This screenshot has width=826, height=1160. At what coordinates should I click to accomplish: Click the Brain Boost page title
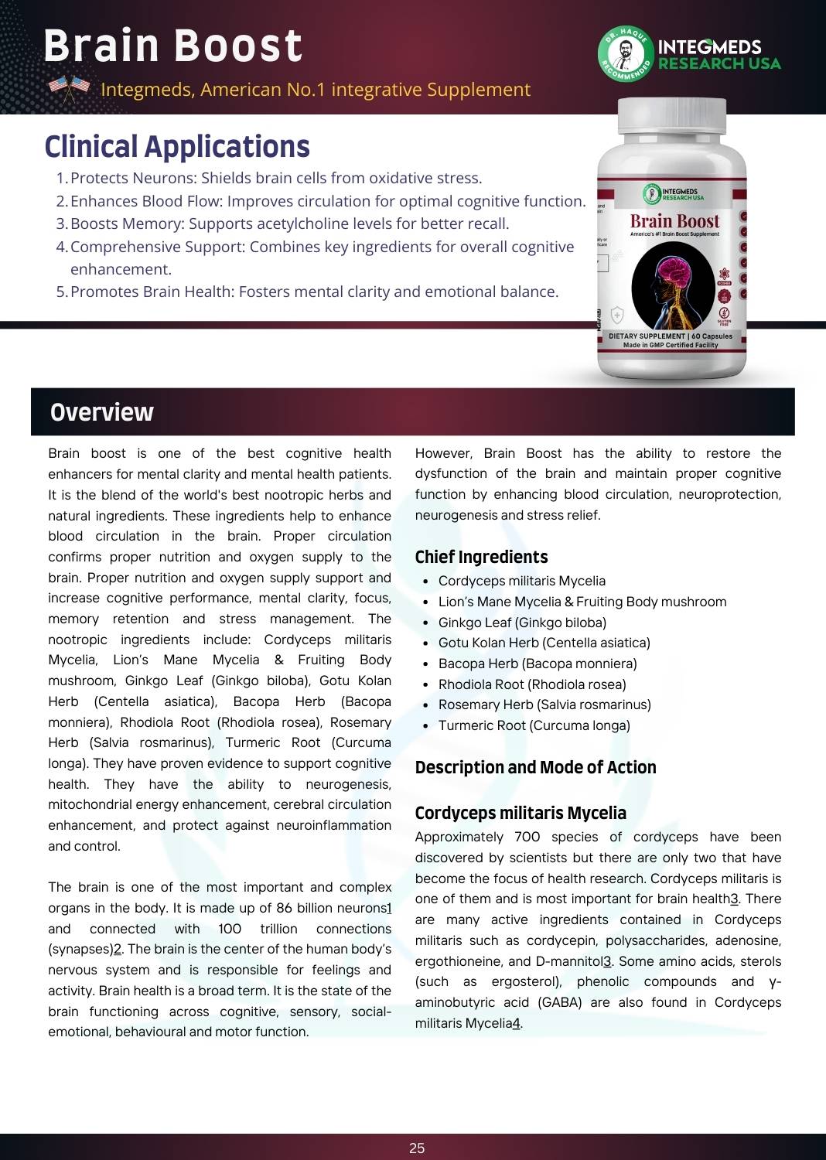(172, 46)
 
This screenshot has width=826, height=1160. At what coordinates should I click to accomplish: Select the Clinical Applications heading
(177, 147)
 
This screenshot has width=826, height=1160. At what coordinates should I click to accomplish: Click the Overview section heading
(102, 412)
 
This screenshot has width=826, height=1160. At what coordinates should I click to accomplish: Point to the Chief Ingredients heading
(481, 557)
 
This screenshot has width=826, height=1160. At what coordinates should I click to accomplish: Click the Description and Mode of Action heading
(535, 767)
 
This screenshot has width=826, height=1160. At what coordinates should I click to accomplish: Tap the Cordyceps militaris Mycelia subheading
(521, 813)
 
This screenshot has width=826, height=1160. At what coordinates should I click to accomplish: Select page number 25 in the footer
(417, 1148)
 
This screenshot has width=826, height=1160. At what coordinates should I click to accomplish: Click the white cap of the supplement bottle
(672, 116)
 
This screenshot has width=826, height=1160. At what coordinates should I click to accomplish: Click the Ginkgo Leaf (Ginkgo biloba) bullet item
(522, 623)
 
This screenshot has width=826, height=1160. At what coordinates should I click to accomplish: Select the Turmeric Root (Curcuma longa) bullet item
(534, 725)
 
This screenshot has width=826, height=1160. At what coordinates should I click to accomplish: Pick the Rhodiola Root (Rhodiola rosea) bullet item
(532, 684)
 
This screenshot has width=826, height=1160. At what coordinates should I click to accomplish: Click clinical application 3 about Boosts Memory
(289, 223)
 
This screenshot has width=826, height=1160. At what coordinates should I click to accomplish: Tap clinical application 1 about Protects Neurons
(275, 178)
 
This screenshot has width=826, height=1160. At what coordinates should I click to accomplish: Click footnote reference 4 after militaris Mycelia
(517, 1023)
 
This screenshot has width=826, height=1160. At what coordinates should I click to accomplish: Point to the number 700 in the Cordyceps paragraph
(527, 837)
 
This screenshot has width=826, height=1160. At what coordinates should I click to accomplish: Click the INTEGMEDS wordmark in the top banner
(709, 47)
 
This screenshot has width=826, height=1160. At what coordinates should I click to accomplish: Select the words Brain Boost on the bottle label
(674, 221)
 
